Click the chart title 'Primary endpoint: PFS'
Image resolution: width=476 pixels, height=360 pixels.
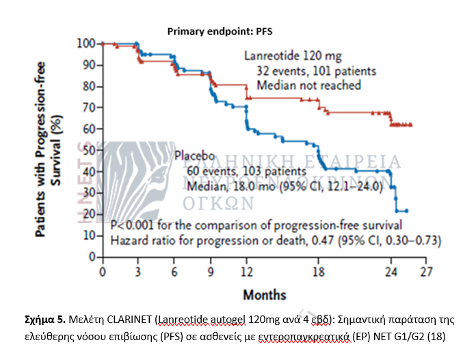click(220, 31)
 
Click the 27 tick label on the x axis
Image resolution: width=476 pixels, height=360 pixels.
click(427, 272)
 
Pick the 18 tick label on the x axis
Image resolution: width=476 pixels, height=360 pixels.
click(319, 272)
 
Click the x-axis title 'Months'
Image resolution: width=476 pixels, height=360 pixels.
click(264, 295)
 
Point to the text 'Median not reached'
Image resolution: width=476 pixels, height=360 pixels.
click(308, 85)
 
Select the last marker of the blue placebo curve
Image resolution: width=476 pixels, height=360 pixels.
click(406, 210)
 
